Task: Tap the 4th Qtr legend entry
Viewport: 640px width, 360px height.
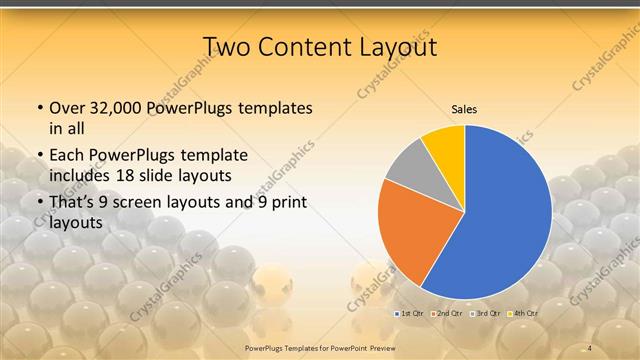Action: [x=523, y=313]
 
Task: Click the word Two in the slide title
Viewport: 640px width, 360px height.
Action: [x=226, y=46]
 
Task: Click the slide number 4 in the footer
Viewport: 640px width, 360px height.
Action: [x=590, y=346]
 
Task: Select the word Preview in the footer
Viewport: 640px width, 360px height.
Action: [x=384, y=346]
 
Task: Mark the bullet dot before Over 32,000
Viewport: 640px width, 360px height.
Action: [x=38, y=108]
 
